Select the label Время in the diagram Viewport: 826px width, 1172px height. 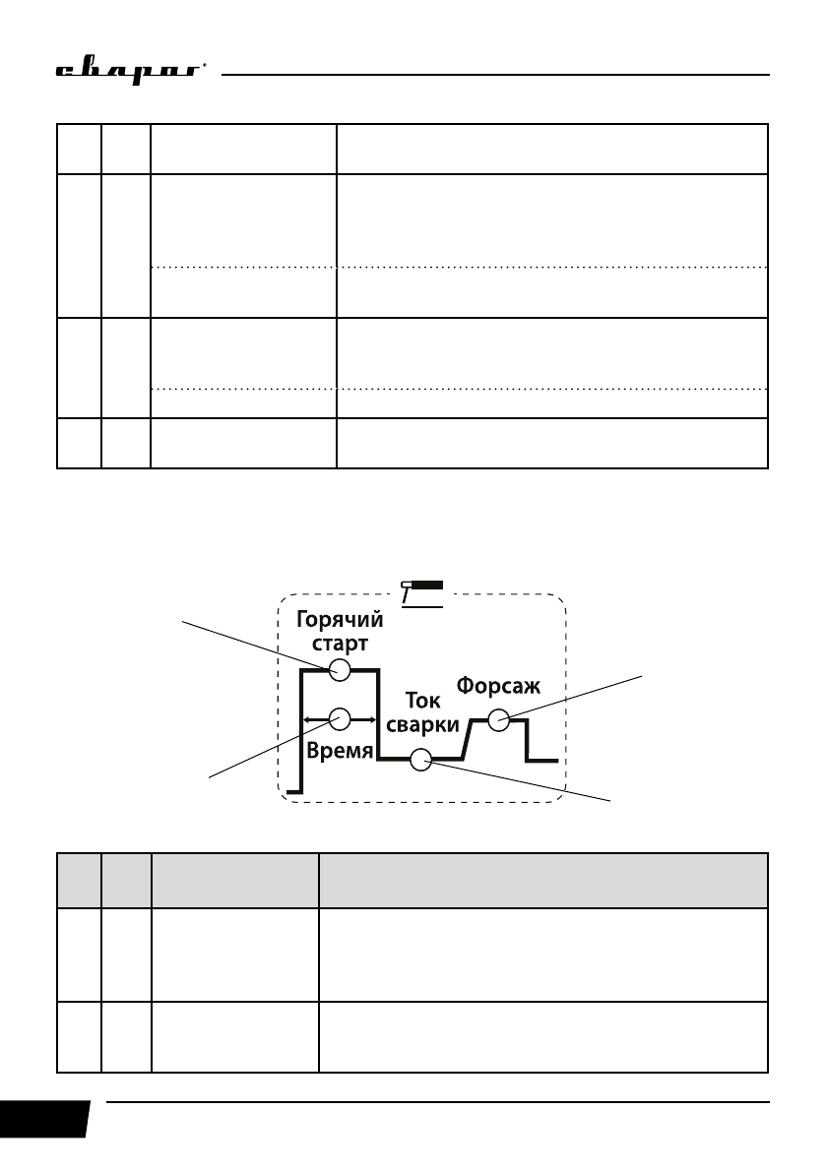[x=339, y=752]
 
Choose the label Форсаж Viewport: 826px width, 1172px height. [x=499, y=686]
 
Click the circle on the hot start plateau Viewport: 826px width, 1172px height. [x=340, y=670]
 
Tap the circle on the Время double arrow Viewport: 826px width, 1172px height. [x=340, y=719]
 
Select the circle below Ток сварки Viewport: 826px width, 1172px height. [x=420, y=760]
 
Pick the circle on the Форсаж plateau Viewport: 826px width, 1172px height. [x=499, y=720]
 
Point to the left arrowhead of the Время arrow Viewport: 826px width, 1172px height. [x=306, y=719]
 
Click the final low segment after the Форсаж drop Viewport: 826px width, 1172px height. [x=543, y=760]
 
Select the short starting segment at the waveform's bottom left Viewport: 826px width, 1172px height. [x=293, y=791]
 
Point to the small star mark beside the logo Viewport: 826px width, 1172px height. [x=204, y=66]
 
